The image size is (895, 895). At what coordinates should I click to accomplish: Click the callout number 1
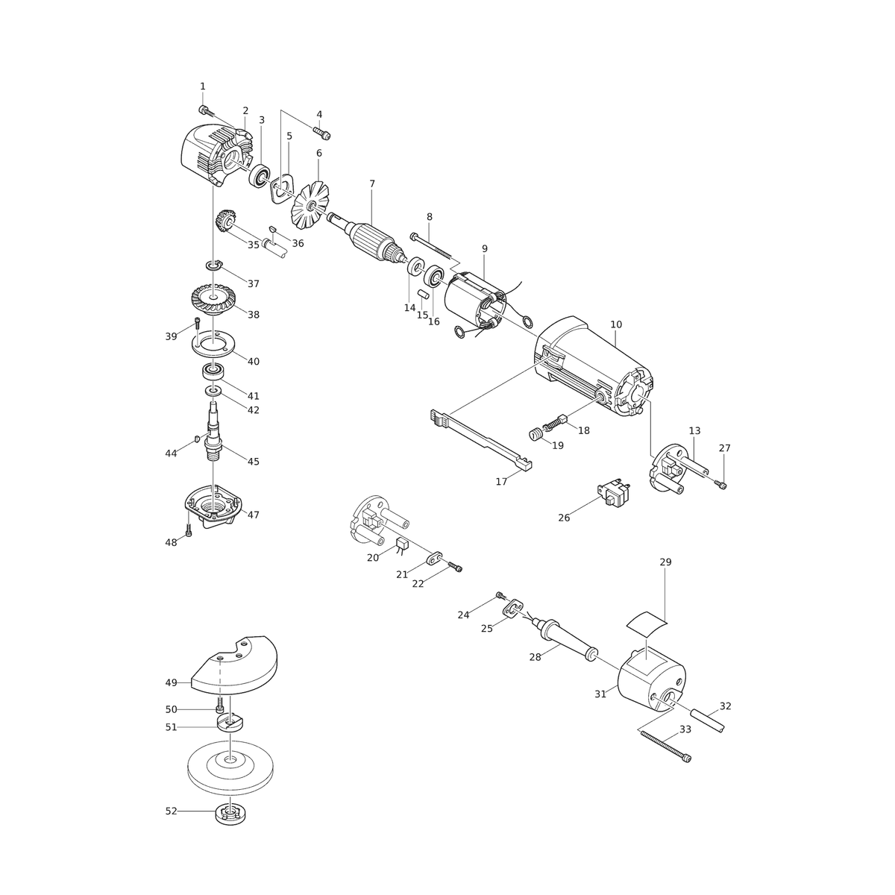coord(203,87)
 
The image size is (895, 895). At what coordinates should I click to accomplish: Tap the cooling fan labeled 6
coord(310,205)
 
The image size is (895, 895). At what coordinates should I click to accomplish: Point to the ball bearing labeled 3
coord(259,175)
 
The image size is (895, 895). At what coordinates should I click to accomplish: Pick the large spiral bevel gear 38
coord(213,300)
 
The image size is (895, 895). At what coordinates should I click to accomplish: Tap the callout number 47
coord(253,515)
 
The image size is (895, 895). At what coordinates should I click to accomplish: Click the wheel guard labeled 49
coord(234,665)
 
